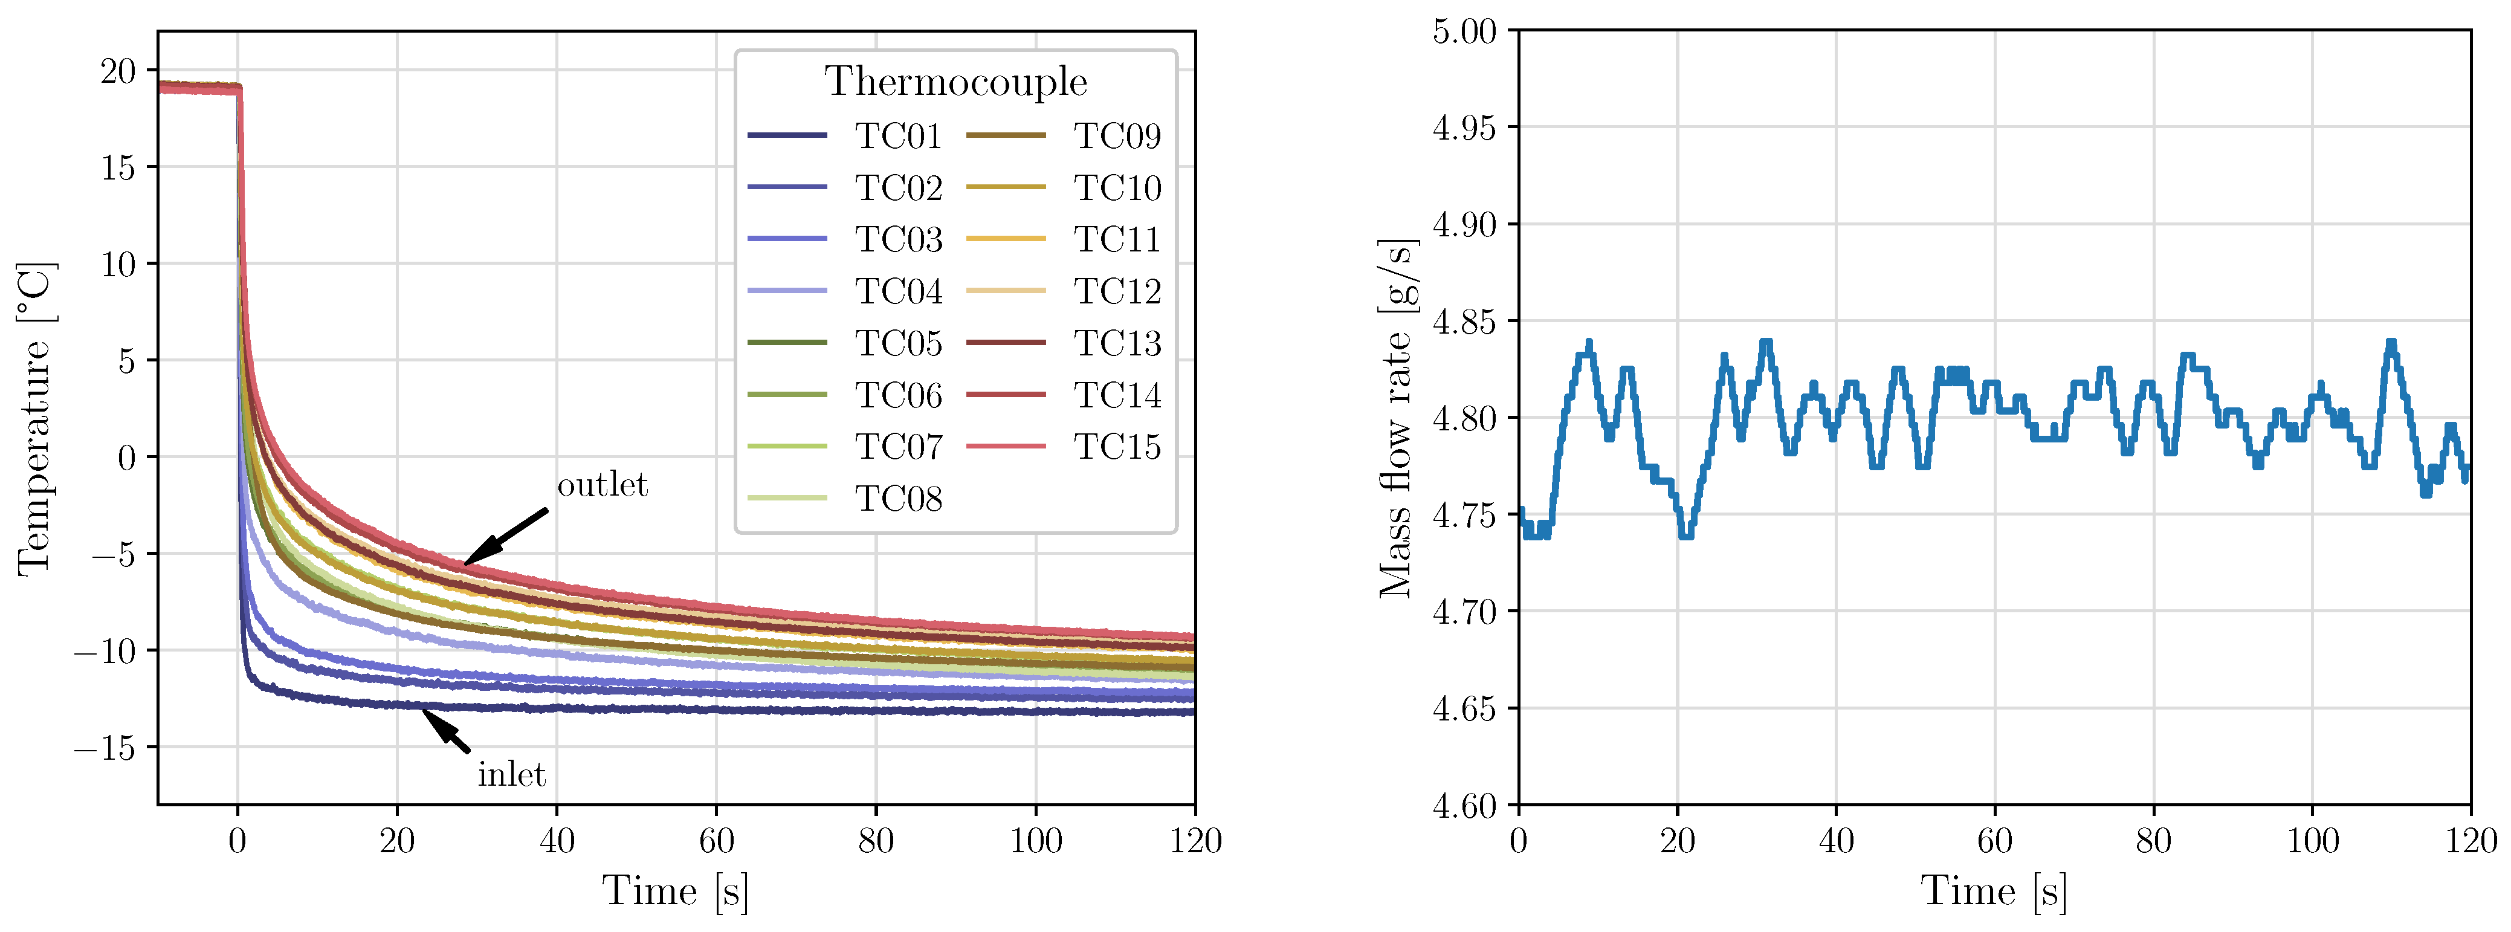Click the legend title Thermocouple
tap(955, 81)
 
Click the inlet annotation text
tap(511, 775)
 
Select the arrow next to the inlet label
tap(445, 730)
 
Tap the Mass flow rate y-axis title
tap(1396, 419)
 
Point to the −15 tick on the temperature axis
tap(105, 748)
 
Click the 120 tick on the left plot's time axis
tap(1195, 840)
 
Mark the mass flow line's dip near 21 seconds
tap(1686, 533)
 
